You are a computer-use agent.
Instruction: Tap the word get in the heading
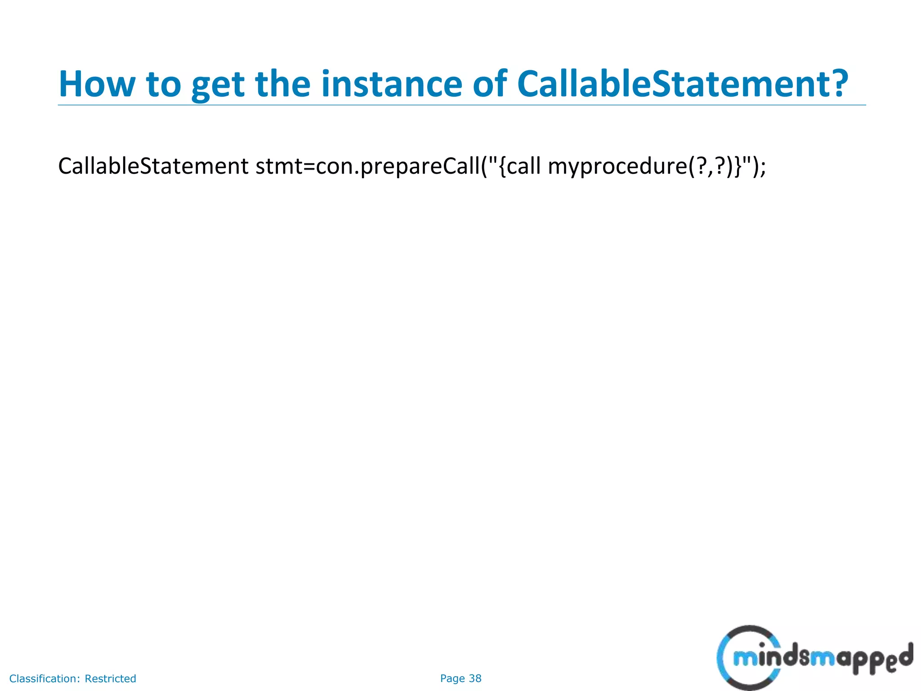[218, 85]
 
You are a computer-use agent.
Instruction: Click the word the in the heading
[283, 84]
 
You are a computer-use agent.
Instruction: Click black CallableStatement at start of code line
[153, 166]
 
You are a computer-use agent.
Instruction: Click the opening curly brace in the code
[502, 167]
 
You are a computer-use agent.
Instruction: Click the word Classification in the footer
[45, 678]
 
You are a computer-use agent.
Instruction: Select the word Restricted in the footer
[110, 678]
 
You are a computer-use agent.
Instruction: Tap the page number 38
[475, 678]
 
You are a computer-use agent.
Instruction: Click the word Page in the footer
[452, 678]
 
